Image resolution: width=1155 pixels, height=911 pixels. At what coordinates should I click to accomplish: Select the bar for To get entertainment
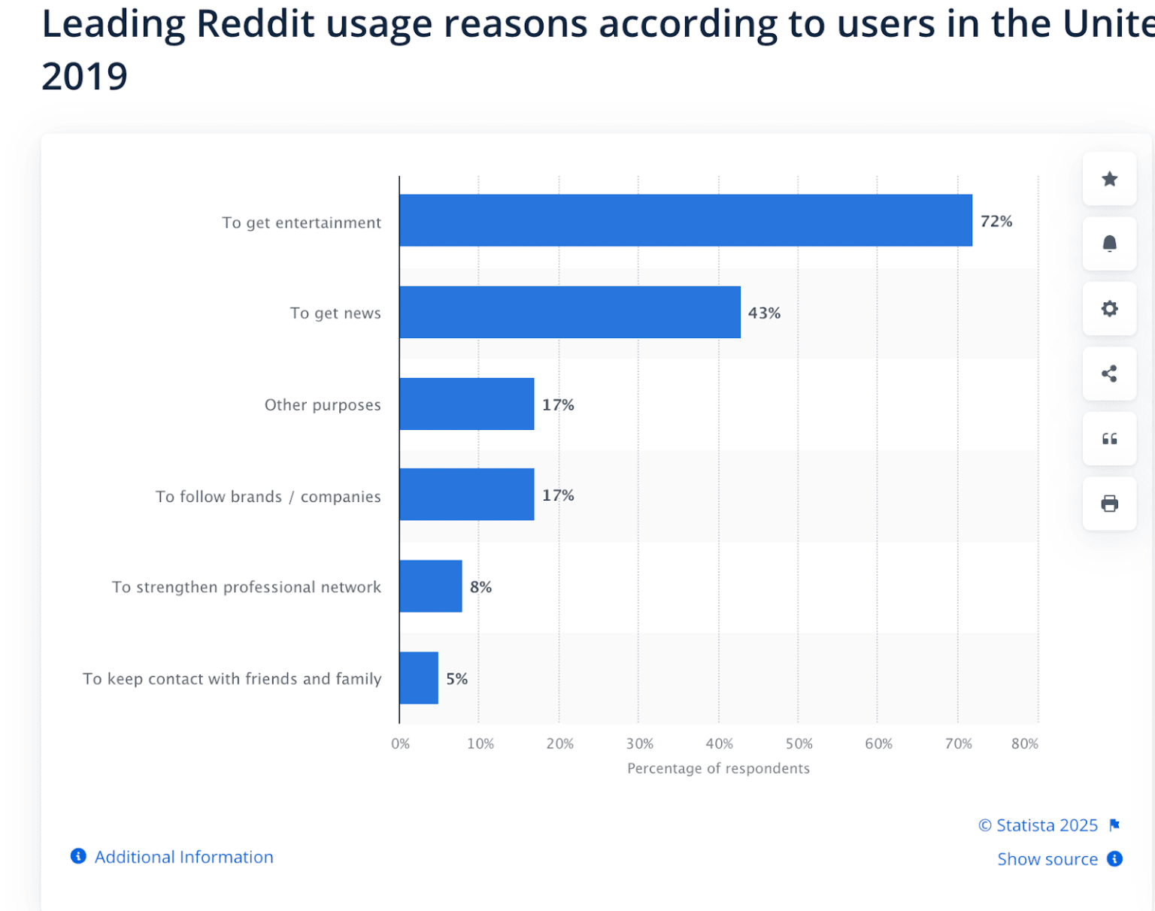(x=685, y=220)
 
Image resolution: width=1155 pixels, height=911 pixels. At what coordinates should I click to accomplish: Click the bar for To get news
(x=569, y=312)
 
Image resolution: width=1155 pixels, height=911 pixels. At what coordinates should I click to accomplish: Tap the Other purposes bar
(x=466, y=404)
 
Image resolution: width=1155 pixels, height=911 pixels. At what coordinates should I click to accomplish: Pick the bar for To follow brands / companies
(x=466, y=495)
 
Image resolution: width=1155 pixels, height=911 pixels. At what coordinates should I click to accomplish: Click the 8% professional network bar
(x=430, y=586)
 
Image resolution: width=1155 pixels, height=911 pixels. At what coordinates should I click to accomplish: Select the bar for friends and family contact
(x=418, y=678)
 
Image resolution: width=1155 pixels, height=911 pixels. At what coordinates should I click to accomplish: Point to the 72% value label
(x=996, y=221)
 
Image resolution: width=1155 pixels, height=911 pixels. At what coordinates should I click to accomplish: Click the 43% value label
(x=764, y=313)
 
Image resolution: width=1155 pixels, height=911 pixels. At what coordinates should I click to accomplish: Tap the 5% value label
(x=456, y=679)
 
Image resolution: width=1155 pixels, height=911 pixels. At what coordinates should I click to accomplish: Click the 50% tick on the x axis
(x=799, y=743)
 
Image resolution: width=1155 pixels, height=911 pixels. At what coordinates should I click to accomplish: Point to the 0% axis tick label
(x=400, y=743)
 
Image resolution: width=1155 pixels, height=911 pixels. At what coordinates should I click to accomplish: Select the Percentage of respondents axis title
(x=718, y=768)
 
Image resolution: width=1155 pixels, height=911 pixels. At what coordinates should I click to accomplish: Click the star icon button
(x=1109, y=179)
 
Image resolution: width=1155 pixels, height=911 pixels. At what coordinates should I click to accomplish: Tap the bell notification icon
(x=1109, y=244)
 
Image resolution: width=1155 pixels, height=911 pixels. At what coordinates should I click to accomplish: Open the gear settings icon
(x=1109, y=308)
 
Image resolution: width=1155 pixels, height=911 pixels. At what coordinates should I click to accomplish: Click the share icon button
(x=1109, y=374)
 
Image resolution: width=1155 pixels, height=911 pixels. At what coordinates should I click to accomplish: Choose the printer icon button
(x=1109, y=504)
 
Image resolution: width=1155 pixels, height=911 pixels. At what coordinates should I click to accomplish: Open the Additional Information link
(x=183, y=857)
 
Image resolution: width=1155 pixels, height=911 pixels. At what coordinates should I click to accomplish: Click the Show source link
(x=1047, y=859)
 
